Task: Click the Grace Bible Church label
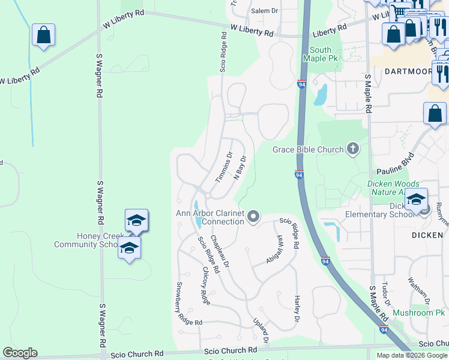point(308,149)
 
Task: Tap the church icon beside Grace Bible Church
point(353,149)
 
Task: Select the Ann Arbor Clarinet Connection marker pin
point(253,217)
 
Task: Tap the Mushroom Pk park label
point(418,313)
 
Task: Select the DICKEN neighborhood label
point(427,235)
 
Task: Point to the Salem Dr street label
point(265,11)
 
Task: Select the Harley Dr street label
point(297,309)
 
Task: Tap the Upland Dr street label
point(261,331)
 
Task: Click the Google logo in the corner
point(19,353)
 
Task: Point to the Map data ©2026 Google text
point(412,355)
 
